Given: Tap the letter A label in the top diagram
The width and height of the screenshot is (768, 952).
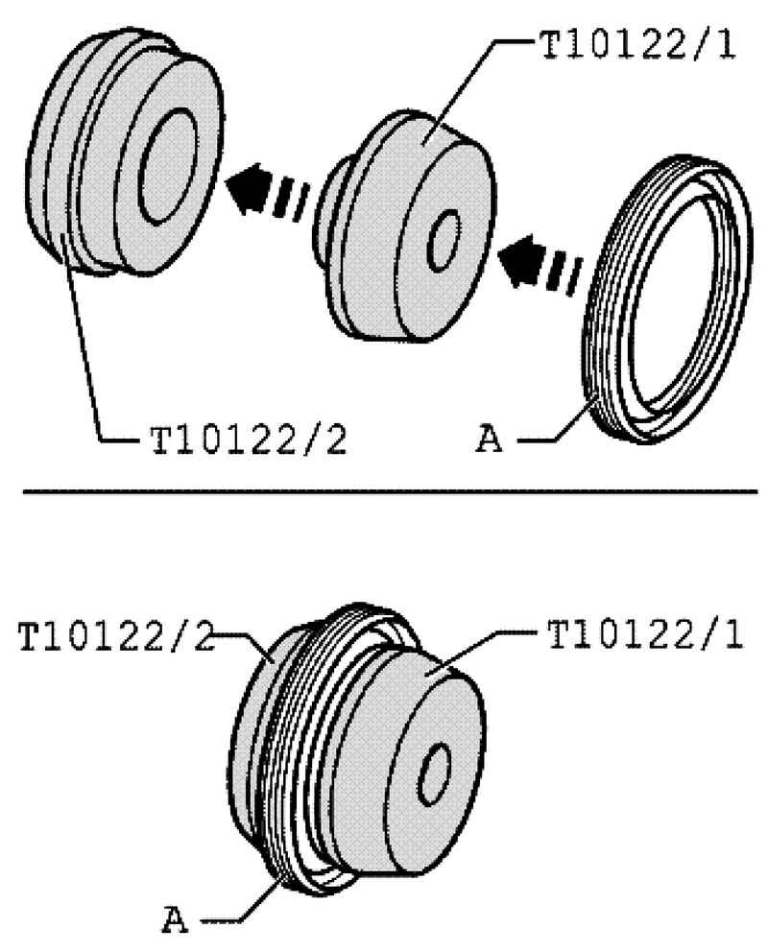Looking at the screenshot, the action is coord(490,439).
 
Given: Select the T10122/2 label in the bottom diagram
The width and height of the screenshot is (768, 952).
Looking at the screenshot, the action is coord(116,635).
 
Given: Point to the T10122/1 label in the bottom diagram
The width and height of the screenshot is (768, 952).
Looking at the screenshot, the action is coord(645,633).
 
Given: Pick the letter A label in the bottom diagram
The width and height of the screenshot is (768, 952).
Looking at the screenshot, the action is coord(176,919).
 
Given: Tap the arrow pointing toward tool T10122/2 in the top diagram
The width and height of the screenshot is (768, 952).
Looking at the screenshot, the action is coord(266,189).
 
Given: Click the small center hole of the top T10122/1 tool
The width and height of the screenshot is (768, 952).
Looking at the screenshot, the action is coord(444,241).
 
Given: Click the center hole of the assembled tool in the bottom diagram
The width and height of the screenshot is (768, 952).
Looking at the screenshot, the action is coord(435,773).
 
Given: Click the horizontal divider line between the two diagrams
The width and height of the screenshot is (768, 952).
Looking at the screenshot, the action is coord(391,491).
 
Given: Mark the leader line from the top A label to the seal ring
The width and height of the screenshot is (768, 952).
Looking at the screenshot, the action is coord(558,422).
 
